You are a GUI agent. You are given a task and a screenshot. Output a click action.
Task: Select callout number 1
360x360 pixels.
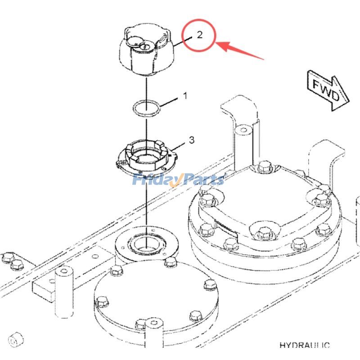pyautogui.click(x=184, y=96)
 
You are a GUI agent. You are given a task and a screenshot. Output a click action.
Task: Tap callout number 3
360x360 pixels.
pyautogui.click(x=191, y=140)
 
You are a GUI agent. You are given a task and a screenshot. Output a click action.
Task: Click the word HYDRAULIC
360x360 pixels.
pyautogui.click(x=304, y=346)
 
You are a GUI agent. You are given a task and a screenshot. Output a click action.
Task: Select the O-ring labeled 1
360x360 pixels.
pyautogui.click(x=146, y=108)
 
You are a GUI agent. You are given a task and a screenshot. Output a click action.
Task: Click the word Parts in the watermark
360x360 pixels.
pyautogui.click(x=202, y=180)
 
